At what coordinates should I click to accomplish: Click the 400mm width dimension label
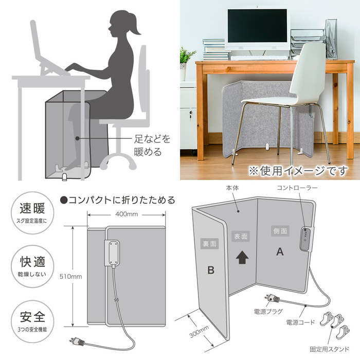pyautogui.click(x=127, y=214)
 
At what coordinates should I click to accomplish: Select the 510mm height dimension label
pyautogui.click(x=71, y=276)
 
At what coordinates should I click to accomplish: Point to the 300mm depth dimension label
pyautogui.click(x=199, y=332)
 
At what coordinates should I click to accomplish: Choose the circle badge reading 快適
pyautogui.click(x=32, y=266)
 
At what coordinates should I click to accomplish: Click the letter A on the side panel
pyautogui.click(x=280, y=252)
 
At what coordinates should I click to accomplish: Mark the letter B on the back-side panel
pyautogui.click(x=211, y=270)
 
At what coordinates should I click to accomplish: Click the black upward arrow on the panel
pyautogui.click(x=242, y=257)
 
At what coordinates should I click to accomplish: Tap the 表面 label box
pyautogui.click(x=241, y=236)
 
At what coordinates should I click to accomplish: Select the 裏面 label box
pyautogui.click(x=210, y=244)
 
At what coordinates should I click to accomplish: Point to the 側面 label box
pyautogui.click(x=280, y=231)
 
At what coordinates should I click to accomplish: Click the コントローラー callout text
pyautogui.click(x=297, y=188)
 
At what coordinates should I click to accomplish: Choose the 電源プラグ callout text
pyautogui.click(x=268, y=312)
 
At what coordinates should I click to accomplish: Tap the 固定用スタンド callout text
pyautogui.click(x=329, y=349)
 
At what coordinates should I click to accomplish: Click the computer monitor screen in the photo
pyautogui.click(x=257, y=26)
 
